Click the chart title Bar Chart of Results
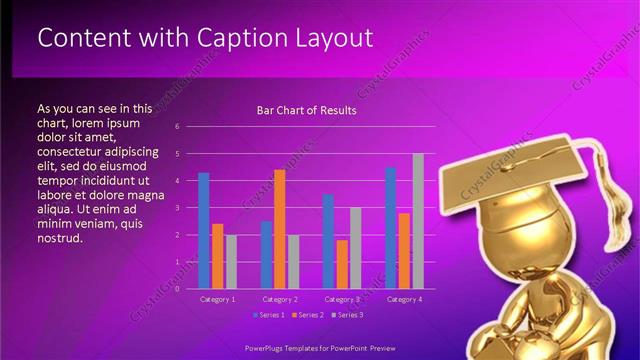pyautogui.click(x=307, y=110)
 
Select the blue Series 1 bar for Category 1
pyautogui.click(x=204, y=231)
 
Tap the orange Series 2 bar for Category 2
pyautogui.click(x=280, y=229)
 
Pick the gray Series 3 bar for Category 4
pyautogui.click(x=418, y=221)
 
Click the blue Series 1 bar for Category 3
pyautogui.click(x=328, y=241)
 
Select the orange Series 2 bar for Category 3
pyautogui.click(x=342, y=264)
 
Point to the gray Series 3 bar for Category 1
pyautogui.click(x=231, y=262)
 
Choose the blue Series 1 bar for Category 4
pyautogui.click(x=390, y=228)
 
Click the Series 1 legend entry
pyautogui.click(x=269, y=315)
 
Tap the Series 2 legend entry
pyautogui.click(x=307, y=315)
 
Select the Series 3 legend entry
pyautogui.click(x=346, y=315)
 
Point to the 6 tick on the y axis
pyautogui.click(x=177, y=127)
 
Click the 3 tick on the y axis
pyautogui.click(x=177, y=208)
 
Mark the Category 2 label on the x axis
pyautogui.click(x=280, y=299)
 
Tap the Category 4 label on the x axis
pyautogui.click(x=404, y=299)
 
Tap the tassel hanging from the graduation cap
pyautogui.click(x=606, y=177)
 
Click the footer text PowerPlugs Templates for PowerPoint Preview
pyautogui.click(x=320, y=350)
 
